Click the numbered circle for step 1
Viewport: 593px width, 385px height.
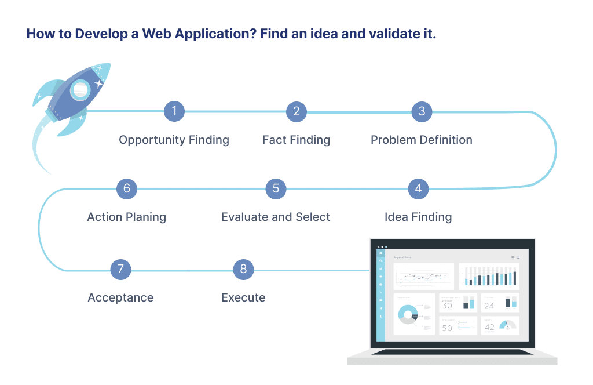pos(174,111)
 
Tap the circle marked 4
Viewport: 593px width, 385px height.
pos(418,188)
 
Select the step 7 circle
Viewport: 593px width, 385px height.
pos(120,269)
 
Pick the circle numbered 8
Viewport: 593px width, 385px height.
pos(243,269)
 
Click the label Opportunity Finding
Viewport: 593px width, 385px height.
pos(174,140)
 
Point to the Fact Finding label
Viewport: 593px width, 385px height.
pos(296,140)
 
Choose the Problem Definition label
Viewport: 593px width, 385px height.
pos(421,140)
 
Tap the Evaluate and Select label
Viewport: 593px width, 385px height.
pos(275,217)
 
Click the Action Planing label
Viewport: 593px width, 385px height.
pos(126,217)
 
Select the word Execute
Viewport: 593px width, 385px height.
pos(243,297)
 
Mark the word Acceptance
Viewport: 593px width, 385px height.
pos(120,297)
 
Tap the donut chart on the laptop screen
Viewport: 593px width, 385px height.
pos(408,314)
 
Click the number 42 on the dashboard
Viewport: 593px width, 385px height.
pos(489,327)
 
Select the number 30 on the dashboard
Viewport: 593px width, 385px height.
pos(447,306)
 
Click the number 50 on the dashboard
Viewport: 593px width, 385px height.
pos(447,328)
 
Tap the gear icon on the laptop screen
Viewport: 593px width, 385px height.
pos(513,257)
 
